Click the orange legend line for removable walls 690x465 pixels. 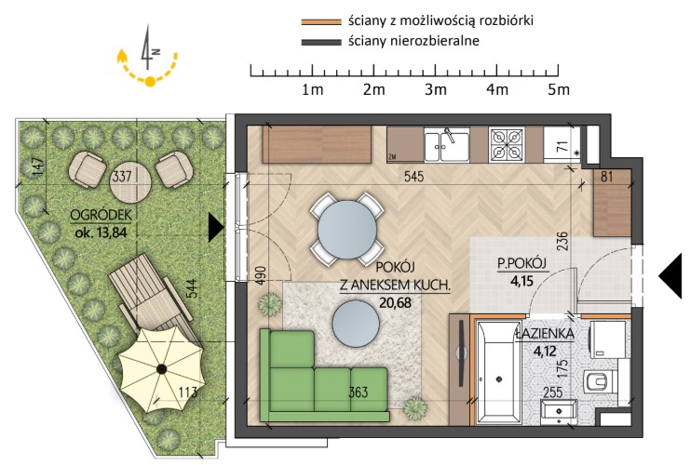pyautogui.click(x=321, y=21)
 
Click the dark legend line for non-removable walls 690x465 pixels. pyautogui.click(x=321, y=42)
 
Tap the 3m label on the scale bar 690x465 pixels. pyautogui.click(x=436, y=89)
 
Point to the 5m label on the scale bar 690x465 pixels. pyautogui.click(x=559, y=89)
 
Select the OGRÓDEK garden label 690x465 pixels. pyautogui.click(x=101, y=216)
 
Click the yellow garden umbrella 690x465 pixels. pyautogui.click(x=161, y=369)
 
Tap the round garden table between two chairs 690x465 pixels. pyautogui.click(x=130, y=181)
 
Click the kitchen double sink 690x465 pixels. pyautogui.click(x=447, y=146)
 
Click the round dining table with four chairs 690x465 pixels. pyautogui.click(x=347, y=229)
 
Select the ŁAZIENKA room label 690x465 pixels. pyautogui.click(x=546, y=334)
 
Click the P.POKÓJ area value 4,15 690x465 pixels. pyautogui.click(x=521, y=280)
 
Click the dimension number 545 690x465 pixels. pyautogui.click(x=413, y=177)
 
